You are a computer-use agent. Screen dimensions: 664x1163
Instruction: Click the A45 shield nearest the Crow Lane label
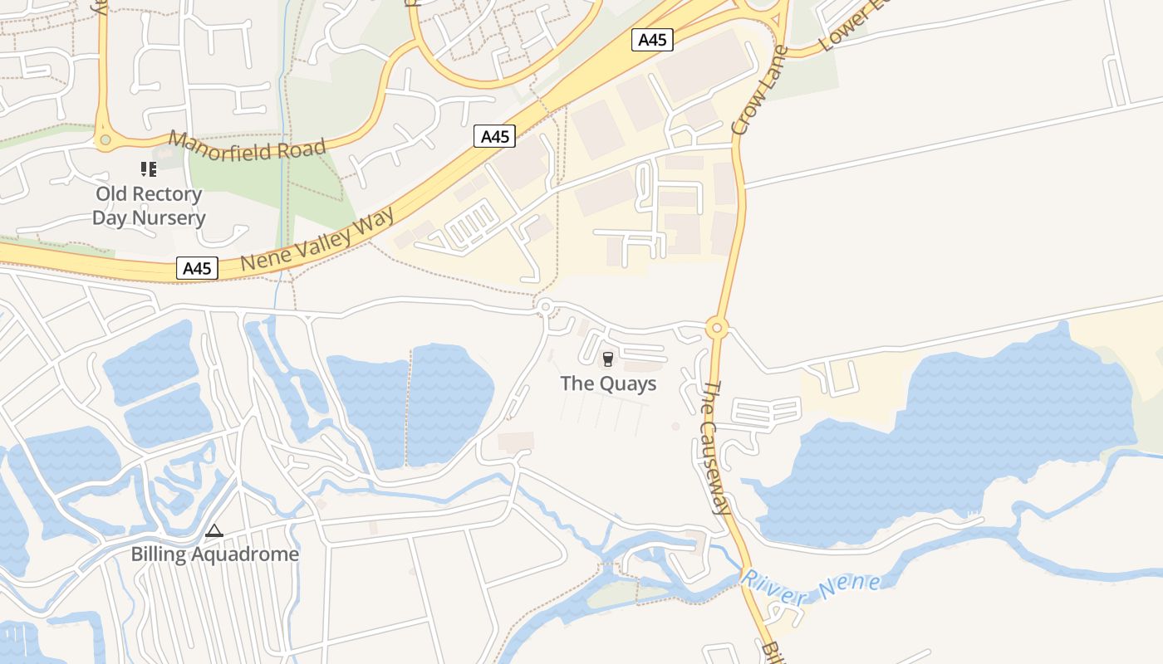(652, 40)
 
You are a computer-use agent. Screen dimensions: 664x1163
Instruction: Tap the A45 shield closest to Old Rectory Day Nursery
(197, 268)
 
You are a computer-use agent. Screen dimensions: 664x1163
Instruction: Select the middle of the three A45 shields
(494, 136)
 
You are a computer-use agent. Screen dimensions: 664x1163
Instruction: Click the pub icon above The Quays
(608, 359)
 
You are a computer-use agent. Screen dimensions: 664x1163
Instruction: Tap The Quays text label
(608, 383)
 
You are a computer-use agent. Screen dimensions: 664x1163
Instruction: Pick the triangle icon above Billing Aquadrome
(214, 530)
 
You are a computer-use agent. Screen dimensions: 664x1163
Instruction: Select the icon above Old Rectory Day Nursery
(149, 169)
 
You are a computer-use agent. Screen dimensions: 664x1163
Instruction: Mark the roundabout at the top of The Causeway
(717, 328)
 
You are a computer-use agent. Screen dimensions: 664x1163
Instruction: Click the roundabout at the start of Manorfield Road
(105, 140)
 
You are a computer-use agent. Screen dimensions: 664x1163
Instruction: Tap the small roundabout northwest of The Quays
(545, 308)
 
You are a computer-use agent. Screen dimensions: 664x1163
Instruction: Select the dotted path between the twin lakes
(409, 407)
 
